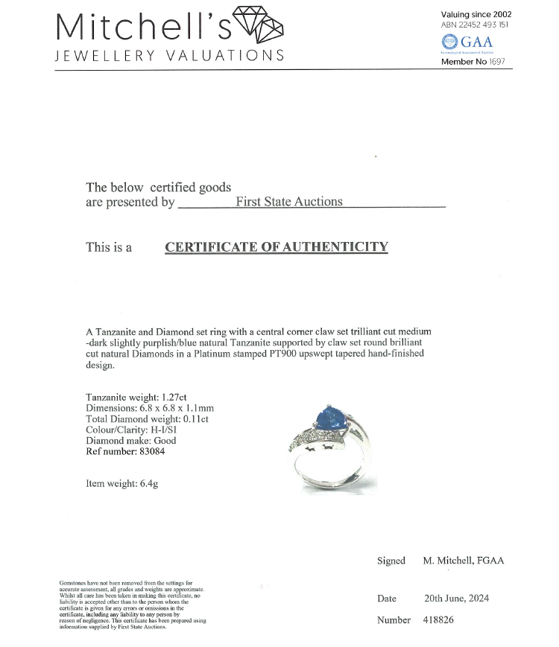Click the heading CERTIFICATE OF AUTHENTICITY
tap(277, 247)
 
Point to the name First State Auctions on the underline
tap(289, 201)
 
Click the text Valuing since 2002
tap(476, 14)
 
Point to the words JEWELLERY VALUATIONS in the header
tap(170, 56)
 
